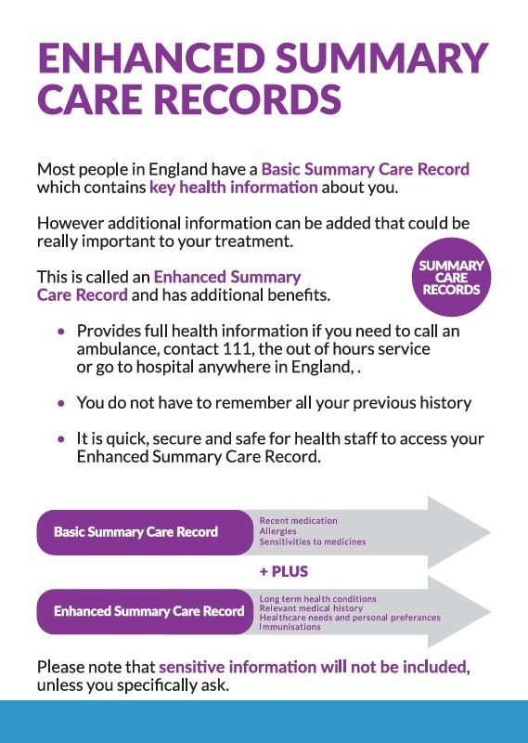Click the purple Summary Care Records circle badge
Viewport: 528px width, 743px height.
click(x=452, y=278)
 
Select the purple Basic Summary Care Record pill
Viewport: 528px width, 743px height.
click(x=136, y=532)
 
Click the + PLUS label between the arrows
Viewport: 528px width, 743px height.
click(x=283, y=571)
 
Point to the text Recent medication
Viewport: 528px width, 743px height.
click(x=298, y=521)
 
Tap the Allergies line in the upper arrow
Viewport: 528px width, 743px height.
click(x=277, y=531)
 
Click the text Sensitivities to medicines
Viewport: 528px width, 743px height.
click(x=312, y=541)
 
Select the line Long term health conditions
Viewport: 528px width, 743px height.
click(x=317, y=599)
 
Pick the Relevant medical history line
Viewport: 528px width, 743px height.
click(x=311, y=608)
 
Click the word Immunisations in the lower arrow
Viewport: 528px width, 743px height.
click(x=290, y=627)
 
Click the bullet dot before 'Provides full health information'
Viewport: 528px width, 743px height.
click(x=61, y=332)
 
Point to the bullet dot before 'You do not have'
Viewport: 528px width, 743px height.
click(x=61, y=404)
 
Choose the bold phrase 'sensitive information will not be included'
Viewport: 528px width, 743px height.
click(x=313, y=667)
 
